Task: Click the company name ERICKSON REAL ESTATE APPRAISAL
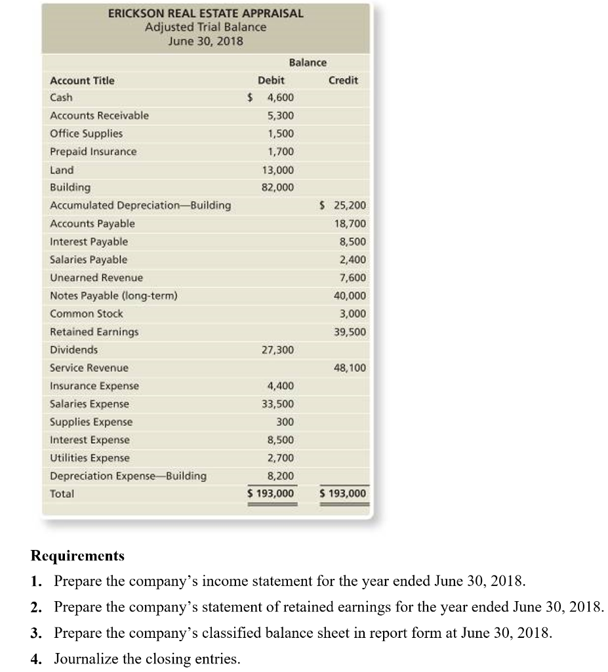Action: (205, 13)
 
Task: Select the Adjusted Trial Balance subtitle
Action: (205, 27)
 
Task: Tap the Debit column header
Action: (271, 80)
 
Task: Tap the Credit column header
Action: (343, 80)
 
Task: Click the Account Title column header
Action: (82, 80)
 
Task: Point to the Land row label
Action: (62, 169)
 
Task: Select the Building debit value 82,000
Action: (278, 187)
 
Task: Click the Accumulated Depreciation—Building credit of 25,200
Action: (346, 205)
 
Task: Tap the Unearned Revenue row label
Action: (96, 278)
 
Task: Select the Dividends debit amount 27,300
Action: (278, 350)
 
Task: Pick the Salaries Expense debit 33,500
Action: (278, 404)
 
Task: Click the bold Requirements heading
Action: (77, 556)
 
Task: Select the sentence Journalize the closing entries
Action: (147, 658)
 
